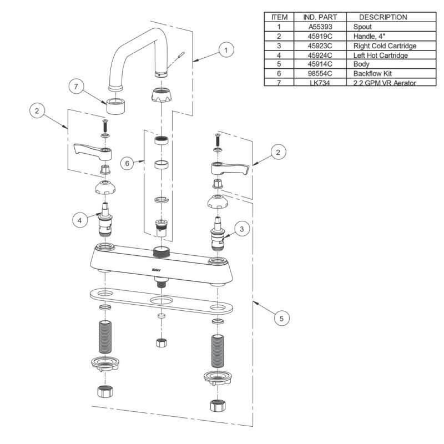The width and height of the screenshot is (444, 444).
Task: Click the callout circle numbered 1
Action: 225,50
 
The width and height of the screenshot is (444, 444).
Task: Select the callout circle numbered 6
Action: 128,164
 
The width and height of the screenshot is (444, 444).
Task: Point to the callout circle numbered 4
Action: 80,220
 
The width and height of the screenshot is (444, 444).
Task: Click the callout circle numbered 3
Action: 241,228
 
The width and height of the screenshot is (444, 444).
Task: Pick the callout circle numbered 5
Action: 281,318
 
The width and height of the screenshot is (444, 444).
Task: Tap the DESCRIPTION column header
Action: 382,17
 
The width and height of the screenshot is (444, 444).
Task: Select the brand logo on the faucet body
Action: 157,270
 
